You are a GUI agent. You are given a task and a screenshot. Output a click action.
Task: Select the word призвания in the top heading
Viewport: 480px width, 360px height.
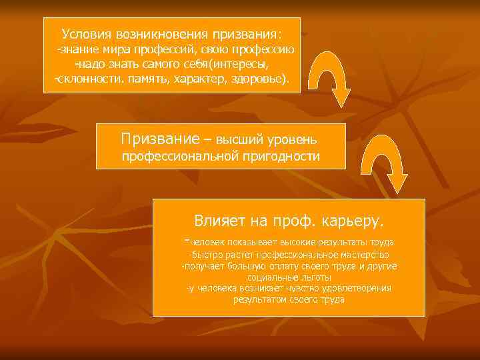(x=246, y=33)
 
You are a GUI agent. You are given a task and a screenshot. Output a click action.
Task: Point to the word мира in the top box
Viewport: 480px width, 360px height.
(x=124, y=50)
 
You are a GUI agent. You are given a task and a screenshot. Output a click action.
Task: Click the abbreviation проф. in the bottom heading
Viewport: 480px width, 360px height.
(x=293, y=220)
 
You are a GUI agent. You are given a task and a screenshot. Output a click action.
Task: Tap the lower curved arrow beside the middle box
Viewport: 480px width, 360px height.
(x=391, y=167)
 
